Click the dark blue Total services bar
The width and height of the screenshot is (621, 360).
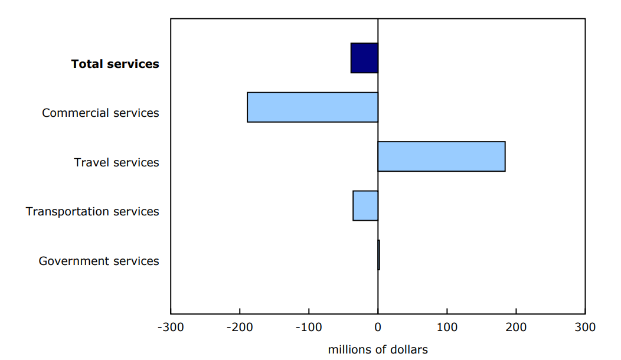[x=364, y=58]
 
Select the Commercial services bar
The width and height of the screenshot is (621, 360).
[x=312, y=107]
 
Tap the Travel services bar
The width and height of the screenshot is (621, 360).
[x=441, y=156]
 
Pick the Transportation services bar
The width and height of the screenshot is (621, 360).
[x=365, y=205]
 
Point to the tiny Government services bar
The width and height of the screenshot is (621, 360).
[x=378, y=255]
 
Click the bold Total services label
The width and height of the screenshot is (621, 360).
[x=115, y=64]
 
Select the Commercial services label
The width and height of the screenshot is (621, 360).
[x=100, y=113]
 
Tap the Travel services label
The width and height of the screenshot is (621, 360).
[x=116, y=162]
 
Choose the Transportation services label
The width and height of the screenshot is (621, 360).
[x=92, y=211]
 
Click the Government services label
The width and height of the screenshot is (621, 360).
[x=99, y=261]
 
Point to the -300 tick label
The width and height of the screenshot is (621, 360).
[x=170, y=327]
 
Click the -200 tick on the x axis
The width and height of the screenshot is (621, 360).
[x=239, y=327]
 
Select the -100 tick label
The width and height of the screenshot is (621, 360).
[x=308, y=327]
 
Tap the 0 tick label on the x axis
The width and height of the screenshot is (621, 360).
[x=378, y=327]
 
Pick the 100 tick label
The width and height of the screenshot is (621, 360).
[x=447, y=327]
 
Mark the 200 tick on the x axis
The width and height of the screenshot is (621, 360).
[x=516, y=327]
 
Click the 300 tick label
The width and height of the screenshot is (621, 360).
[x=585, y=327]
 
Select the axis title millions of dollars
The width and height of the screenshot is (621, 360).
[x=378, y=350]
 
